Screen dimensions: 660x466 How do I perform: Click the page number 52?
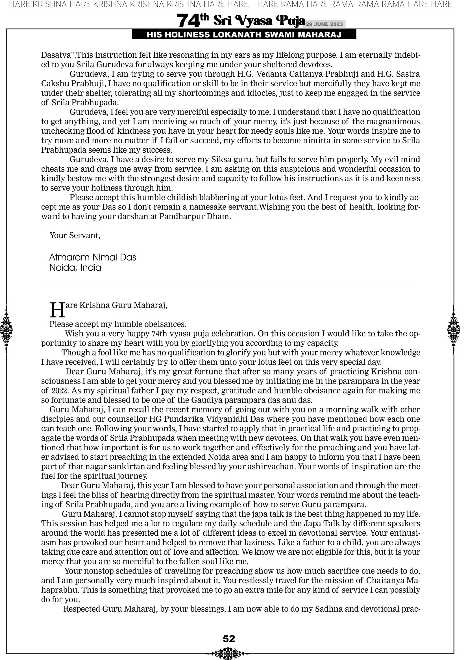click(229, 639)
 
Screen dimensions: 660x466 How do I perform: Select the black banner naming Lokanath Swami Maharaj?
click(244, 35)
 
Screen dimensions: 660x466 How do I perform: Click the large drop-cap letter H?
click(57, 310)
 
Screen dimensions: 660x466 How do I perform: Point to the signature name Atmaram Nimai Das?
click(93, 257)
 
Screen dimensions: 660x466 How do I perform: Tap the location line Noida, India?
click(75, 268)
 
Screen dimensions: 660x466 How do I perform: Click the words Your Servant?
click(75, 235)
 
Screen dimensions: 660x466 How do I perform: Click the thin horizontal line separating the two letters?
click(231, 287)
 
